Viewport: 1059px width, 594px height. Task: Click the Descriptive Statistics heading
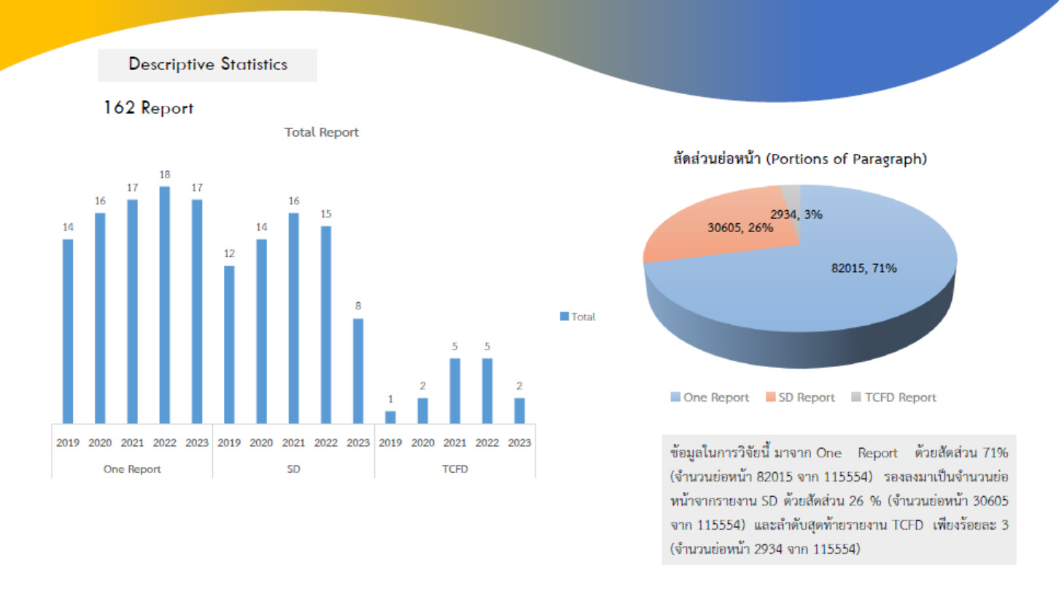[208, 65]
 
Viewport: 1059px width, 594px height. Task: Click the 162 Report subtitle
[150, 109]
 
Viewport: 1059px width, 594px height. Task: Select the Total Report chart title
[322, 133]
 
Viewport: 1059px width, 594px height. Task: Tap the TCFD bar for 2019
[391, 417]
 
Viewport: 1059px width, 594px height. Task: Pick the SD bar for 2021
[294, 318]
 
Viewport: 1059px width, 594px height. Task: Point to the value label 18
[165, 175]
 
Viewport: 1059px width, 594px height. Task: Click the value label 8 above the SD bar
[358, 306]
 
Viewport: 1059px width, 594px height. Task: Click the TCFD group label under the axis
[455, 470]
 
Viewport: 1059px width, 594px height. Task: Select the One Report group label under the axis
[132, 470]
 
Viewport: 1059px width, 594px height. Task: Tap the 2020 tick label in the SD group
[262, 444]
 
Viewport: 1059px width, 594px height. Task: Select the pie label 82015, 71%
[864, 268]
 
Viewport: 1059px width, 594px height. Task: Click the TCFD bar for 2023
[519, 410]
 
